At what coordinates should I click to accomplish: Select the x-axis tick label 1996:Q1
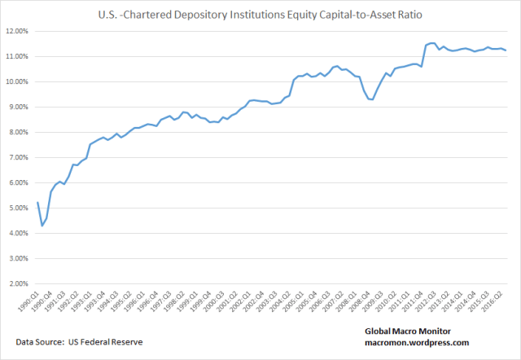(x=137, y=307)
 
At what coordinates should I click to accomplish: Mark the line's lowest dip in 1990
(x=42, y=226)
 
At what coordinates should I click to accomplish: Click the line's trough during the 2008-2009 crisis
(x=372, y=99)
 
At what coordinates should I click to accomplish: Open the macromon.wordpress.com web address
(x=417, y=344)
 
